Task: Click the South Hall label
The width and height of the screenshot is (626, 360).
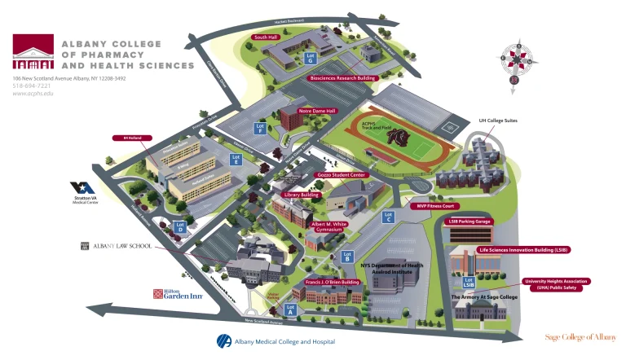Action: tap(267, 37)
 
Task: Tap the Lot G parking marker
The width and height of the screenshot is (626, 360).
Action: tap(311, 57)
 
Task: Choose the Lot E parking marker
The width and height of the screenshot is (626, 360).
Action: tap(236, 160)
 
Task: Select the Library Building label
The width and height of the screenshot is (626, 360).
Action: tap(302, 195)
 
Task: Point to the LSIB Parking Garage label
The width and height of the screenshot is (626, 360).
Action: tap(469, 221)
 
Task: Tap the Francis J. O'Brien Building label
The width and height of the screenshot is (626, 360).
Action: tap(333, 282)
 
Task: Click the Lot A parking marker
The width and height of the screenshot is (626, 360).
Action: tap(289, 309)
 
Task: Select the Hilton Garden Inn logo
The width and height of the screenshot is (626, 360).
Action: tap(177, 295)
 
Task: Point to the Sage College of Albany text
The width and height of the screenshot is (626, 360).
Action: tap(580, 336)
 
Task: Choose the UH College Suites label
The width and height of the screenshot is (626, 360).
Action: tap(498, 121)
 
